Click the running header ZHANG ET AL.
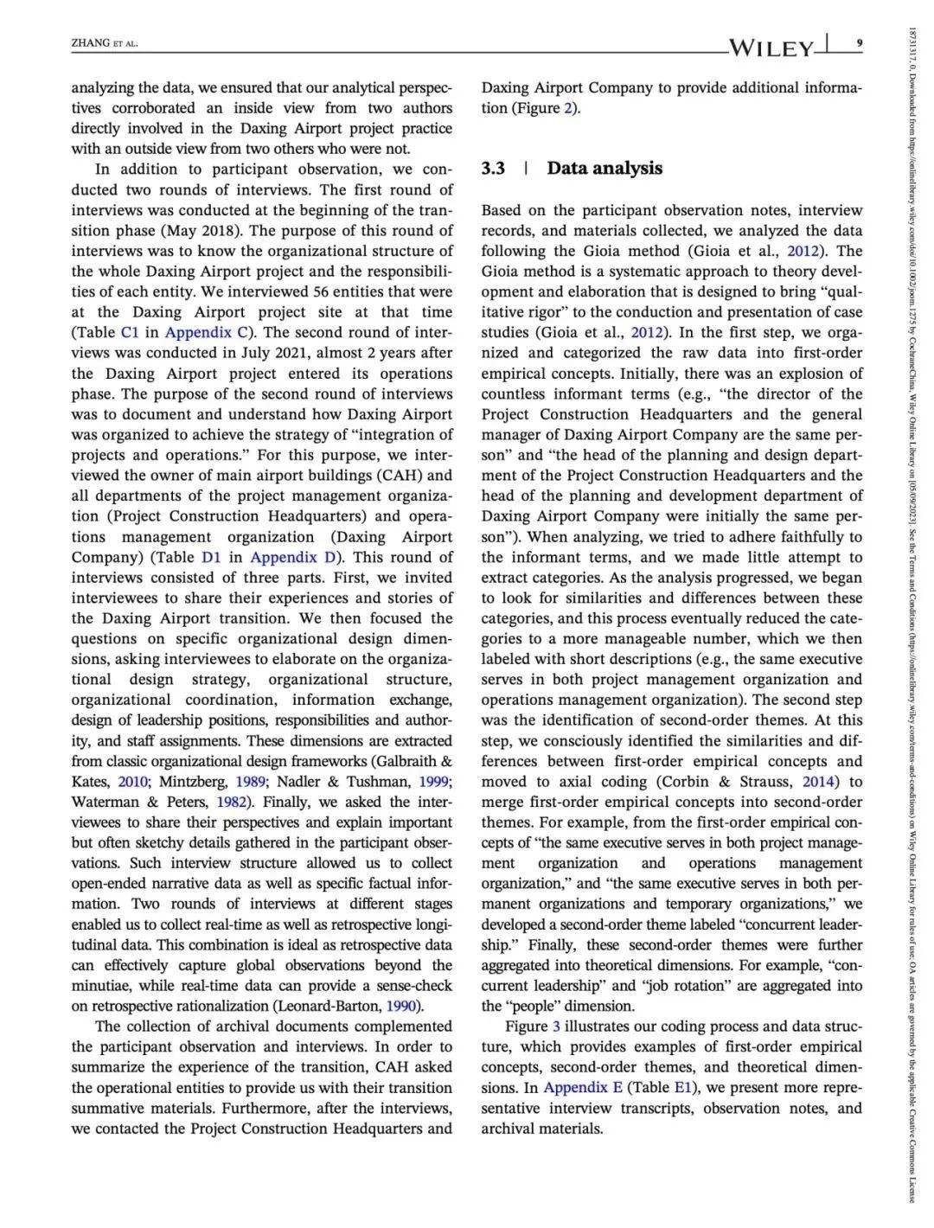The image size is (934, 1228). [105, 43]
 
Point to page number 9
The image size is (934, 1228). [858, 42]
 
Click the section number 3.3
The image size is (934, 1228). [493, 169]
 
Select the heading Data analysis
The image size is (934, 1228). [605, 169]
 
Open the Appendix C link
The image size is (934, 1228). [198, 333]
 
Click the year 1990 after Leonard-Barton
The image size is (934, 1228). [401, 1007]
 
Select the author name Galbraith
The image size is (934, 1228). [405, 762]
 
